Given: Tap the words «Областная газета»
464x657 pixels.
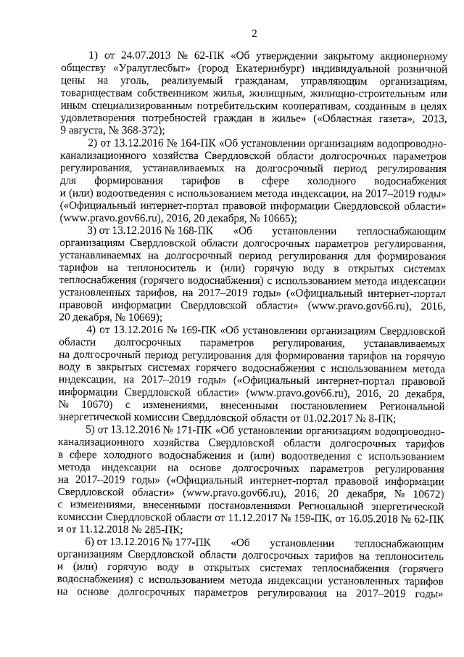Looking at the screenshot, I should click(358, 118).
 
